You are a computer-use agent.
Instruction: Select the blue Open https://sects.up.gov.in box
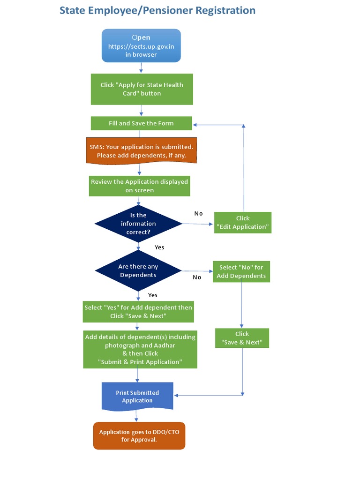tap(141, 45)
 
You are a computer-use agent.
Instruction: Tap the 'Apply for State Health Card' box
tap(142, 89)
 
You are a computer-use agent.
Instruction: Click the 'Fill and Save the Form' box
tap(141, 123)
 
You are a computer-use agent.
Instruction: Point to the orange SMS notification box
tap(141, 150)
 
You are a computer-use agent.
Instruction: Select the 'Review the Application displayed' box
tap(140, 186)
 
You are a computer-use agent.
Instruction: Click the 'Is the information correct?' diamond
tap(138, 224)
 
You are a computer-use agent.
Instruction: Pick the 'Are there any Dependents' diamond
tap(138, 270)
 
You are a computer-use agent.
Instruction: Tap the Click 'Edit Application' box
tap(243, 222)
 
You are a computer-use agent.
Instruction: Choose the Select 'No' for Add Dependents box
tap(241, 271)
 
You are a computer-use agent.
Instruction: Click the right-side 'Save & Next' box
tap(242, 338)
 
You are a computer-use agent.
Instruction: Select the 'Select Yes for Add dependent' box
tap(138, 312)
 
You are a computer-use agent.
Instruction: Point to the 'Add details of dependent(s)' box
tap(140, 349)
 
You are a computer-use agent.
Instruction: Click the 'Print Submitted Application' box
tap(137, 396)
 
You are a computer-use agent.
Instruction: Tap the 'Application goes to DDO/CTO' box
tap(139, 436)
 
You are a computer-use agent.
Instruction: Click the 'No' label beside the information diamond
tap(198, 213)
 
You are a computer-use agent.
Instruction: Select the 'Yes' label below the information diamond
tap(159, 247)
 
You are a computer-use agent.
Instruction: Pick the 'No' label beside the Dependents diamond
tap(197, 277)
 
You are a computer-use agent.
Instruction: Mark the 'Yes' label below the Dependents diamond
tap(153, 295)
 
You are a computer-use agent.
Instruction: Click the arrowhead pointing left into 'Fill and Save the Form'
tap(195, 125)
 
